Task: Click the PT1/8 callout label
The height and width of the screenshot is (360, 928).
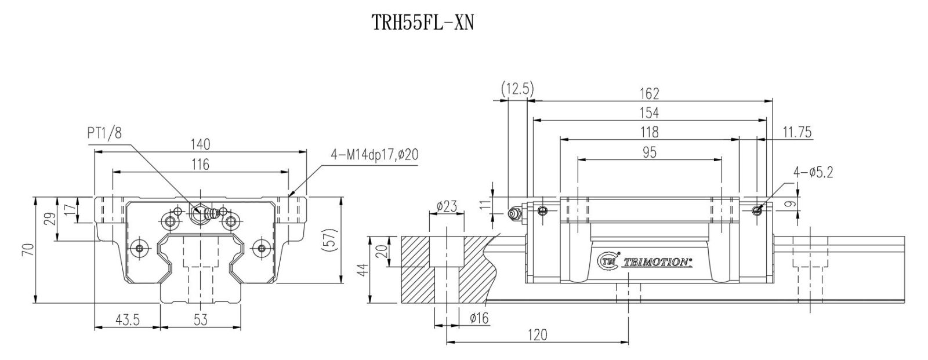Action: coord(105,133)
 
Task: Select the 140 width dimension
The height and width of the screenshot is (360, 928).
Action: coord(201,143)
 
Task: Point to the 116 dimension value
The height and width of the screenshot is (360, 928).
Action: coord(201,164)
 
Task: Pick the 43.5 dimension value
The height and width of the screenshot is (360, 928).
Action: coord(126,320)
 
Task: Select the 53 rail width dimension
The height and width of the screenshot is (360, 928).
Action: coord(201,320)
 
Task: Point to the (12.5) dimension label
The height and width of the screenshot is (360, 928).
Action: coord(517,89)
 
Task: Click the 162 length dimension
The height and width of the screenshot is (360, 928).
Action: coord(650,93)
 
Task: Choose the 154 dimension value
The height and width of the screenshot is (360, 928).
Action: coord(650,112)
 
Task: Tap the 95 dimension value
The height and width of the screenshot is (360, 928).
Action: coord(650,152)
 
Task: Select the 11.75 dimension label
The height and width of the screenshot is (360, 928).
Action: coord(796,132)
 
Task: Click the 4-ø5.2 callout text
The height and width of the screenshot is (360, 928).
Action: coord(813,172)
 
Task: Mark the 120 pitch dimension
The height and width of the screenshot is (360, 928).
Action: coord(538,334)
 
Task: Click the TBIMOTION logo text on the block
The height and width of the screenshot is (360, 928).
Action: coord(656,263)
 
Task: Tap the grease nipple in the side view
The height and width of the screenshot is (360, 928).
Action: coord(513,214)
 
